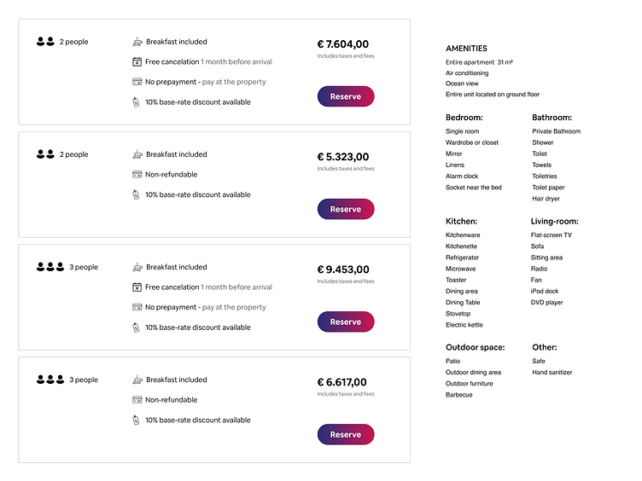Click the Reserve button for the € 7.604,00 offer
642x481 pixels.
coord(345,96)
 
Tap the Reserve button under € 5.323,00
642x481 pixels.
coord(345,209)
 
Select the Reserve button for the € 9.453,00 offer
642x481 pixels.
coord(345,322)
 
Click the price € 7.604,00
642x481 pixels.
coord(342,44)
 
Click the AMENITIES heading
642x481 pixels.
coord(466,49)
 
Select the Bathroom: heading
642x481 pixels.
coord(552,118)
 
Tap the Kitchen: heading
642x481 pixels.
coord(461,222)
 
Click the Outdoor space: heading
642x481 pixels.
coord(475,348)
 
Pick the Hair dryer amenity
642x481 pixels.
coord(546,199)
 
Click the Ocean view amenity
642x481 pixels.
coord(462,84)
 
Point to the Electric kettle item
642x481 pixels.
coord(464,325)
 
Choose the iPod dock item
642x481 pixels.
coord(545,291)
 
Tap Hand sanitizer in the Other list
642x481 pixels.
coord(552,373)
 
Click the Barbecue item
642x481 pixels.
coord(459,395)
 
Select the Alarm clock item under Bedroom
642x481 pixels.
coord(462,177)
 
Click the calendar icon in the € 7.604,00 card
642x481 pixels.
coord(137,61)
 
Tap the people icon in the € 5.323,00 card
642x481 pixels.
coord(45,154)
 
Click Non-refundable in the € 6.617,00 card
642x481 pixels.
coord(171,400)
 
